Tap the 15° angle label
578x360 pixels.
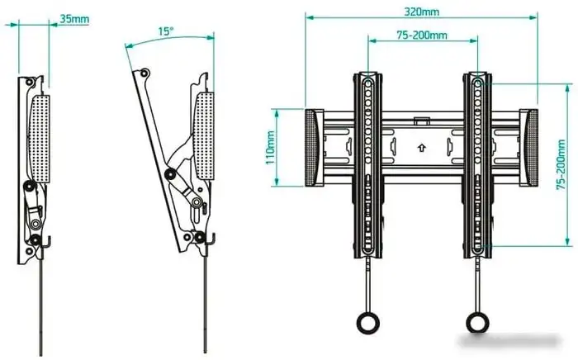166,31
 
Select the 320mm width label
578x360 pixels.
421,12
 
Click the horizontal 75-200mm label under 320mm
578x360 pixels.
421,35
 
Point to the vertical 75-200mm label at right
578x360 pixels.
561,178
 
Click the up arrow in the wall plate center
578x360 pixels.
422,149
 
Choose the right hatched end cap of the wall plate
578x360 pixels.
529,149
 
